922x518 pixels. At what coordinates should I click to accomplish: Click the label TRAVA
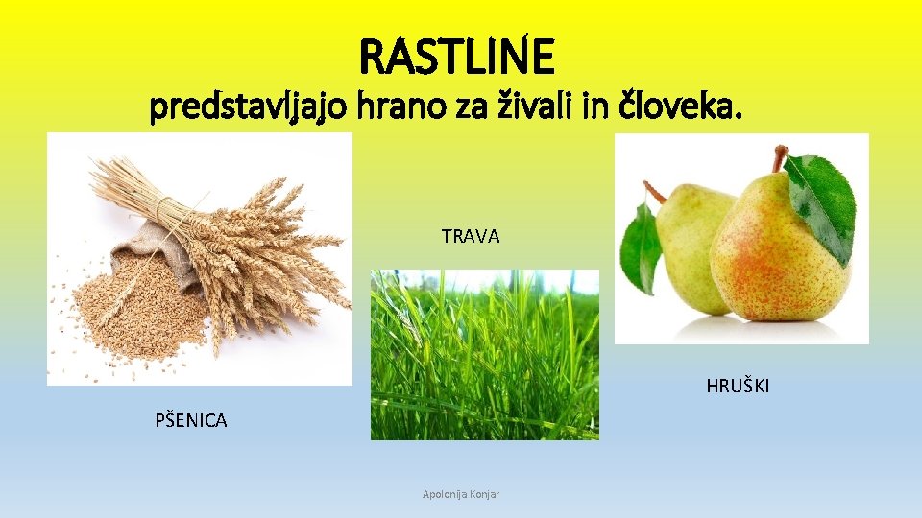pyautogui.click(x=471, y=236)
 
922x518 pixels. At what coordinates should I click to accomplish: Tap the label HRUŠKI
pyautogui.click(x=738, y=387)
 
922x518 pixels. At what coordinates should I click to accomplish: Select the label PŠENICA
pyautogui.click(x=191, y=420)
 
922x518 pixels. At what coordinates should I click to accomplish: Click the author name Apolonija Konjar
pyautogui.click(x=468, y=494)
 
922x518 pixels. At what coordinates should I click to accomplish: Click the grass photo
pyautogui.click(x=485, y=355)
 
